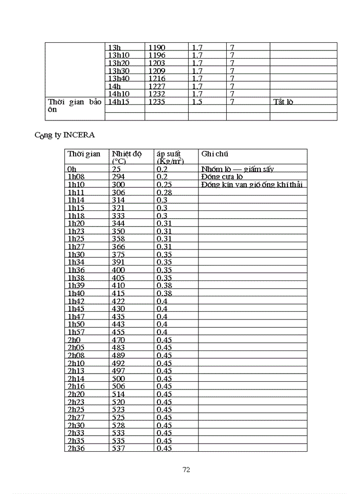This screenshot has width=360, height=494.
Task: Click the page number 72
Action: click(187, 469)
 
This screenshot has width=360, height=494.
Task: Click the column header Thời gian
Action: click(84, 154)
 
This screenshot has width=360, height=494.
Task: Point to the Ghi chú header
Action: click(215, 154)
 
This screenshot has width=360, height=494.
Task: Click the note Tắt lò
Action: click(283, 102)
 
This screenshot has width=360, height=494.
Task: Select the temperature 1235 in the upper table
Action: click(157, 102)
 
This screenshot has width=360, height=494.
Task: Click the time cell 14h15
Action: click(118, 102)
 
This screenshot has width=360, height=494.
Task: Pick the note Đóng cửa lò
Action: click(222, 177)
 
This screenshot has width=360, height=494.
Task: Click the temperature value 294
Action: click(118, 177)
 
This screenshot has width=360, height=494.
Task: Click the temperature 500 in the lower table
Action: click(118, 378)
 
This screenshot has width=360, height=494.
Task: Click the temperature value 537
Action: click(118, 448)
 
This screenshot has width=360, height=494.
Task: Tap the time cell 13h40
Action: click(118, 78)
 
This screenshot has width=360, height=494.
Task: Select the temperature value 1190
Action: click(157, 47)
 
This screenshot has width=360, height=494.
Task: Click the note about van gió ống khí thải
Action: click(252, 184)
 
